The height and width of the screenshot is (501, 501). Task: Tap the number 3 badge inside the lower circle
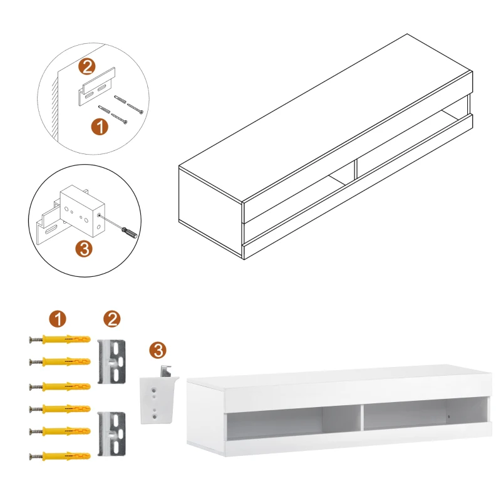(x=86, y=249)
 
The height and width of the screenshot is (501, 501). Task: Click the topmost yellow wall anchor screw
(x=59, y=340)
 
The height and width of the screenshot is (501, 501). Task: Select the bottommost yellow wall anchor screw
(x=59, y=455)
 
